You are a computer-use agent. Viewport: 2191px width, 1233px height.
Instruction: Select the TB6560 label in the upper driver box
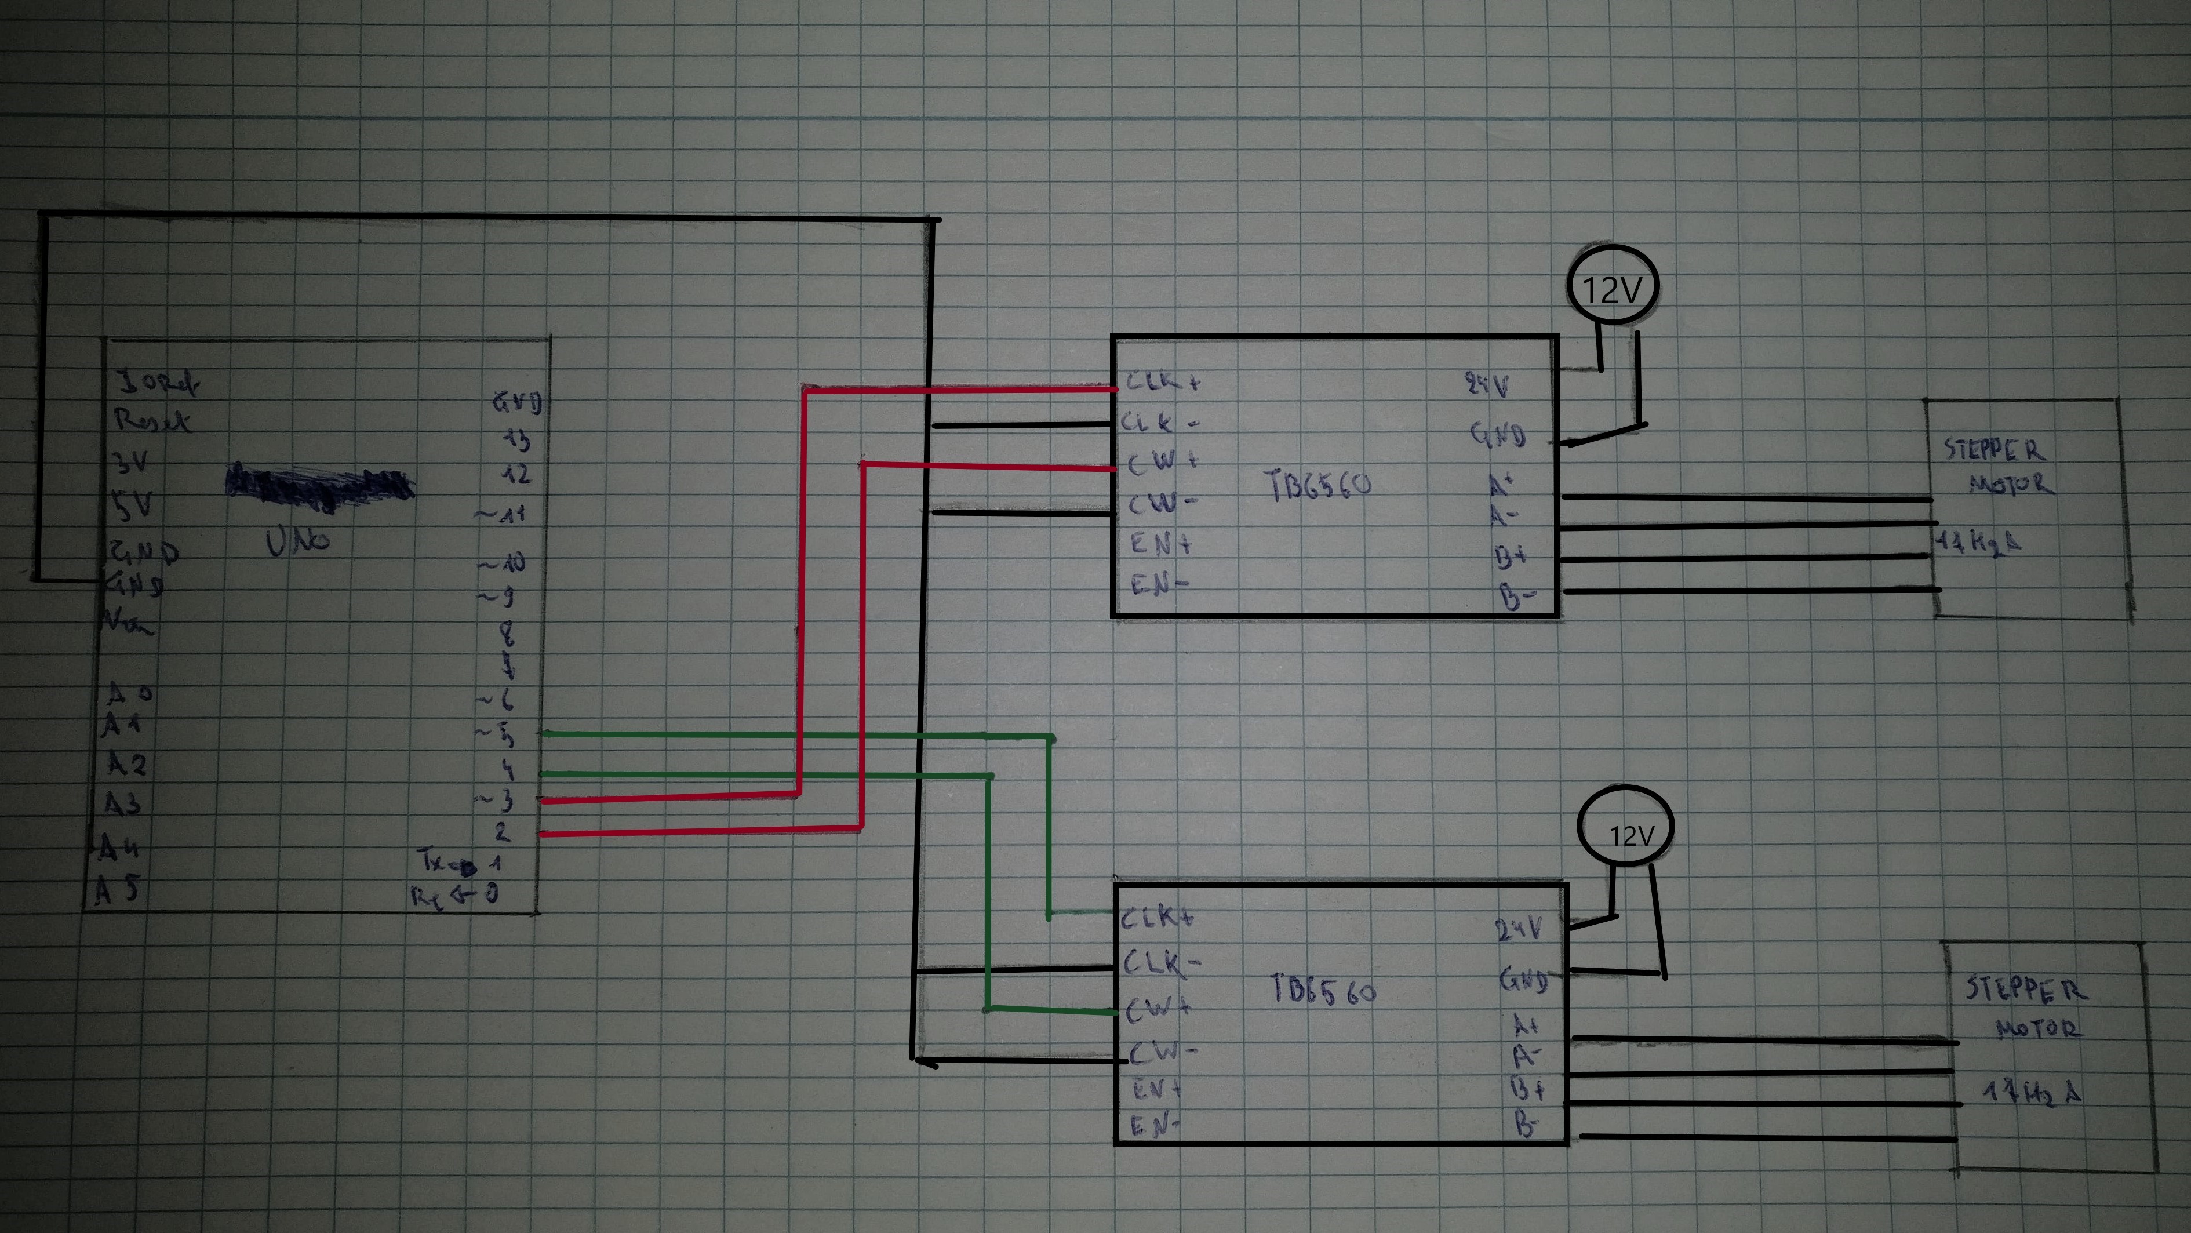coord(1319,486)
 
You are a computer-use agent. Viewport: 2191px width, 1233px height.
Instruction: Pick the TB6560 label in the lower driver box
coord(1323,989)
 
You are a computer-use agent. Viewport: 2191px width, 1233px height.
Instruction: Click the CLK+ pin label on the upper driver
coord(1162,382)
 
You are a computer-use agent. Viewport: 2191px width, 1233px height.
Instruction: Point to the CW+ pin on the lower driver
coord(1158,1009)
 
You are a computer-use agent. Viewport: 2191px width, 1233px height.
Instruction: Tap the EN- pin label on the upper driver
coord(1159,585)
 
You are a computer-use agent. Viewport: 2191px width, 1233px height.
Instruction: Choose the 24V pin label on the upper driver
coord(1487,385)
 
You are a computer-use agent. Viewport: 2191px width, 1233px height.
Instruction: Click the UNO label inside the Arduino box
coord(298,541)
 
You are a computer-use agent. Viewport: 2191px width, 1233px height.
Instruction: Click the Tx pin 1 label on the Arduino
coord(459,863)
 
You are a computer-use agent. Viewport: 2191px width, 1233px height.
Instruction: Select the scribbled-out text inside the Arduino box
coord(319,482)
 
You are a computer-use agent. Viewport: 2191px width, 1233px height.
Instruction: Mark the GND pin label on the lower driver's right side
coord(1523,980)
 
